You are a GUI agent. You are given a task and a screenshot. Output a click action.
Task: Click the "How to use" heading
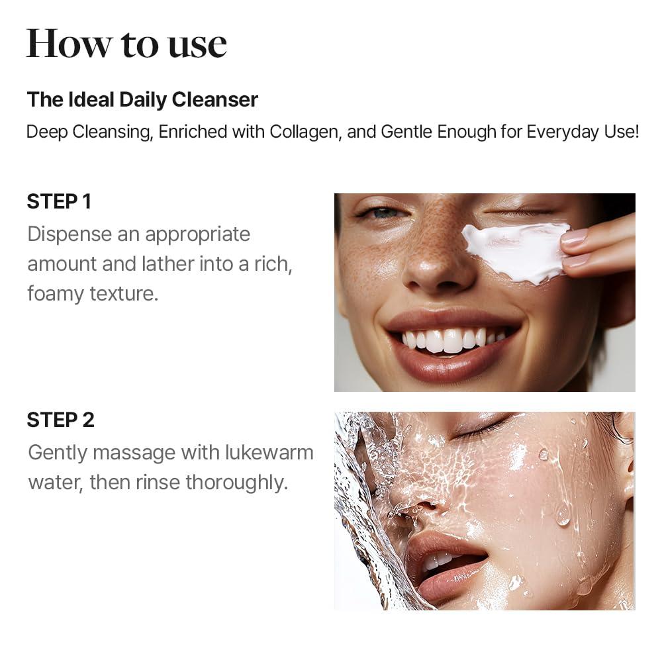coord(126,44)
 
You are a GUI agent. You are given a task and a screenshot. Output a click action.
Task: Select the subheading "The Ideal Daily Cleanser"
coord(142,100)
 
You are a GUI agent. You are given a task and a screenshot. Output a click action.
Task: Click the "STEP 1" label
coord(59,201)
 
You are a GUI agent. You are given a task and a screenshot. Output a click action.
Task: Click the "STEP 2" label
coord(60,420)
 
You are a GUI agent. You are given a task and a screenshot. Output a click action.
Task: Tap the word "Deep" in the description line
coord(46,131)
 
